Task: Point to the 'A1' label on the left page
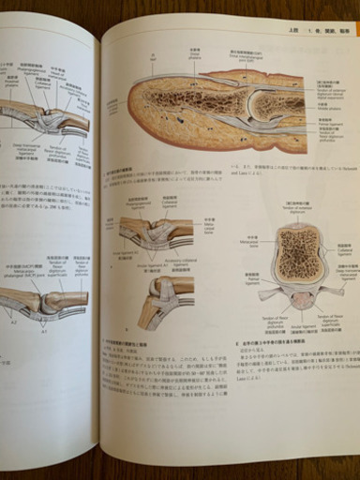click(43, 331)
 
